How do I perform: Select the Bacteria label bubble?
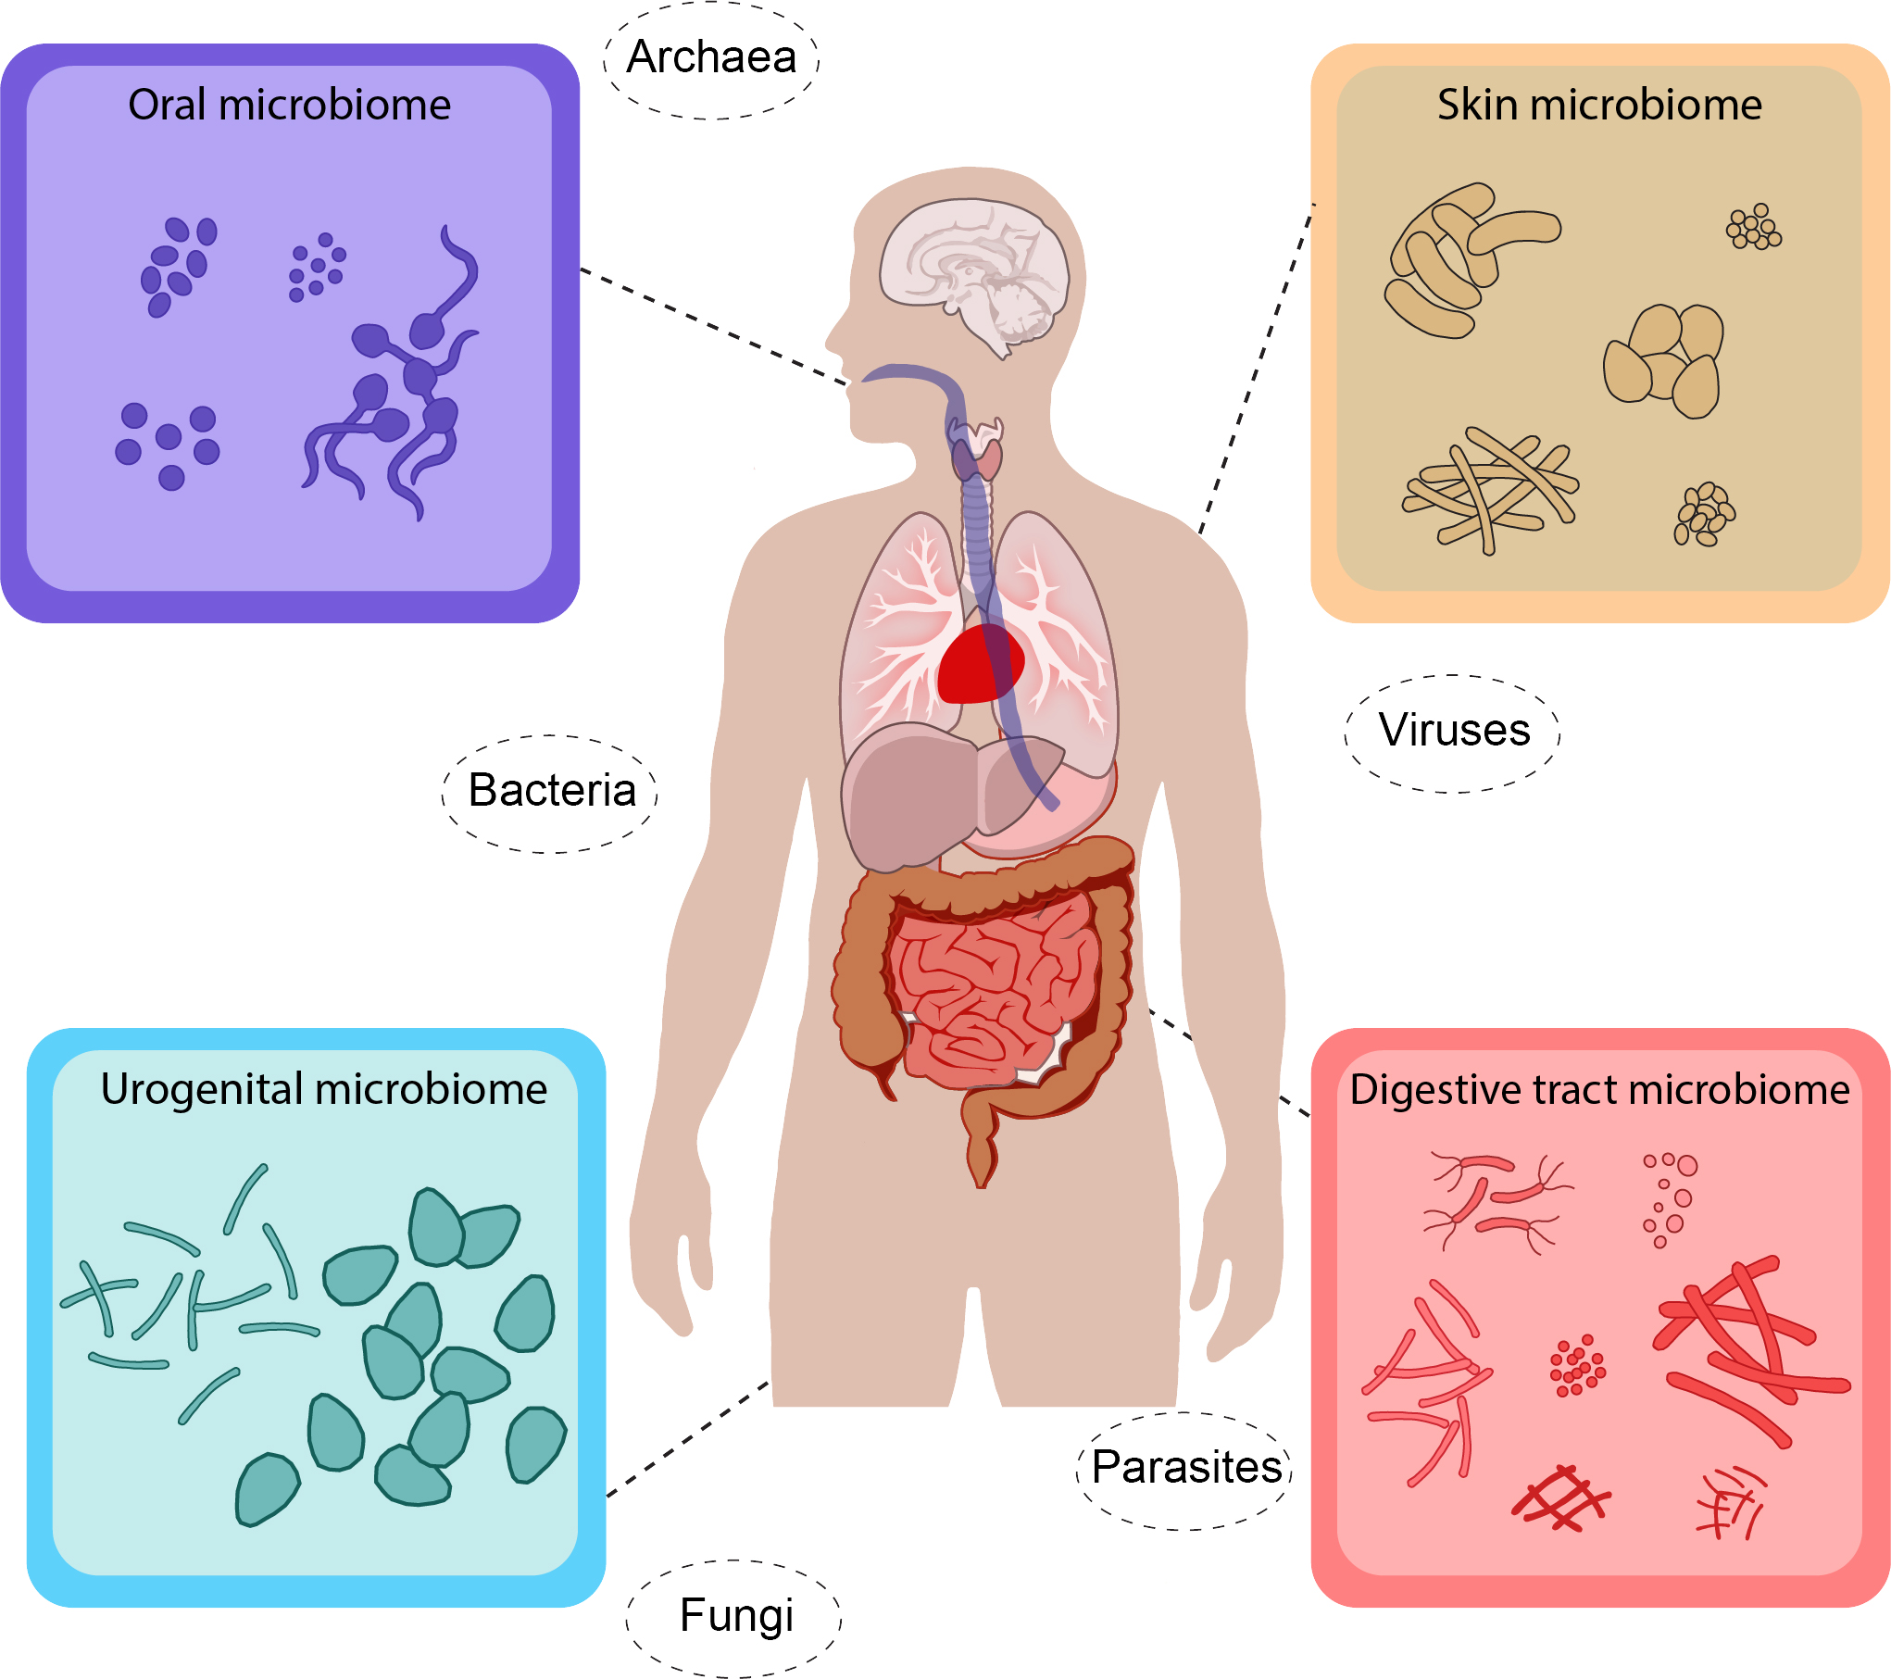tap(551, 792)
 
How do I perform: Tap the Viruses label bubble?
tap(1453, 732)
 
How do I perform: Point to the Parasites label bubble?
tap(1185, 1469)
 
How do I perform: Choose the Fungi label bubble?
tap(735, 1617)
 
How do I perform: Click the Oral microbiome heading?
tap(289, 105)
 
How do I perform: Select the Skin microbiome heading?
tap(1599, 105)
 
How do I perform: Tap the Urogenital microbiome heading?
tap(323, 1089)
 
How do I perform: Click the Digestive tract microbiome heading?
tap(1599, 1090)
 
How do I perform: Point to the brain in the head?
tap(972, 269)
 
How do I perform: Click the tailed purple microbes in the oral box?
tap(398, 389)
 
